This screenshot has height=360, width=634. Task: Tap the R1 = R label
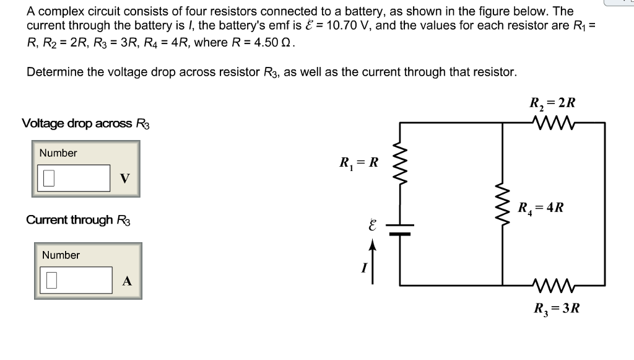click(358, 164)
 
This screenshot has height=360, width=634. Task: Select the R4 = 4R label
click(541, 208)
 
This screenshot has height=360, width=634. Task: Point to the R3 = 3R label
click(557, 308)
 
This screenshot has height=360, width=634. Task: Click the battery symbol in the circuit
click(400, 230)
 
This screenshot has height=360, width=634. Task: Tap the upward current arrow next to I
click(373, 261)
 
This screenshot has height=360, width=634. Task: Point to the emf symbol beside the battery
click(372, 226)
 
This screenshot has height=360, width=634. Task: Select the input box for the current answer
click(76, 280)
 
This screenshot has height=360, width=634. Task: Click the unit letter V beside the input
click(125, 179)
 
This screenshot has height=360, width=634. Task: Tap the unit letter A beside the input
click(127, 281)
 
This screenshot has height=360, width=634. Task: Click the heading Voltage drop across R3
click(86, 123)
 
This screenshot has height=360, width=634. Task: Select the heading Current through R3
click(79, 220)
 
